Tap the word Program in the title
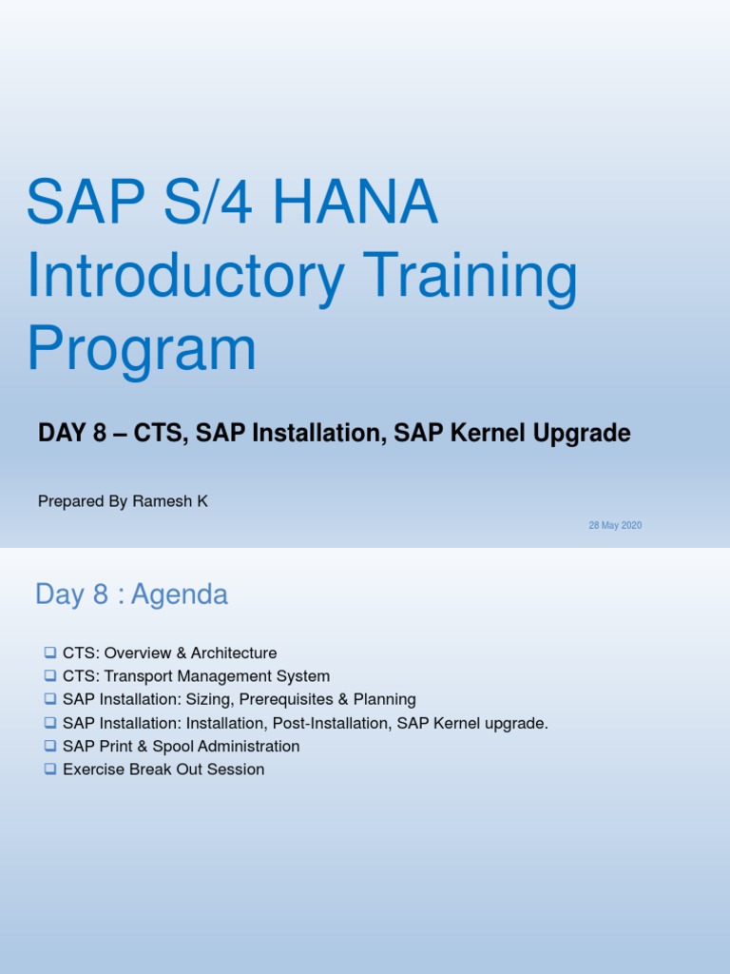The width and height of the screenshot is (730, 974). click(x=142, y=349)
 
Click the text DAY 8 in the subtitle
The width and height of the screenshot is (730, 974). click(x=68, y=434)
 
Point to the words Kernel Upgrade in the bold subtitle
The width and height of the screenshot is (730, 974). click(x=559, y=434)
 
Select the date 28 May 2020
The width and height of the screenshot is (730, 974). click(x=615, y=525)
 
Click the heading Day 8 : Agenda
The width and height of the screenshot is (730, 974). click(x=131, y=594)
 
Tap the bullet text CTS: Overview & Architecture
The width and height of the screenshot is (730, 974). click(x=169, y=653)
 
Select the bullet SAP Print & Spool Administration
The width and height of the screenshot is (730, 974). click(x=181, y=747)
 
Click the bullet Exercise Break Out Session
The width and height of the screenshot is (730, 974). click(x=163, y=769)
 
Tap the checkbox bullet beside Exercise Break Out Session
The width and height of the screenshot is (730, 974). click(x=49, y=769)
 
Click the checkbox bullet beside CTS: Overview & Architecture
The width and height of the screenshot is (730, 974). click(x=49, y=653)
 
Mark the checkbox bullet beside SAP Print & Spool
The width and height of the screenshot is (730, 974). click(x=49, y=747)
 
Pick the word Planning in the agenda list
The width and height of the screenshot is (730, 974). click(x=382, y=700)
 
